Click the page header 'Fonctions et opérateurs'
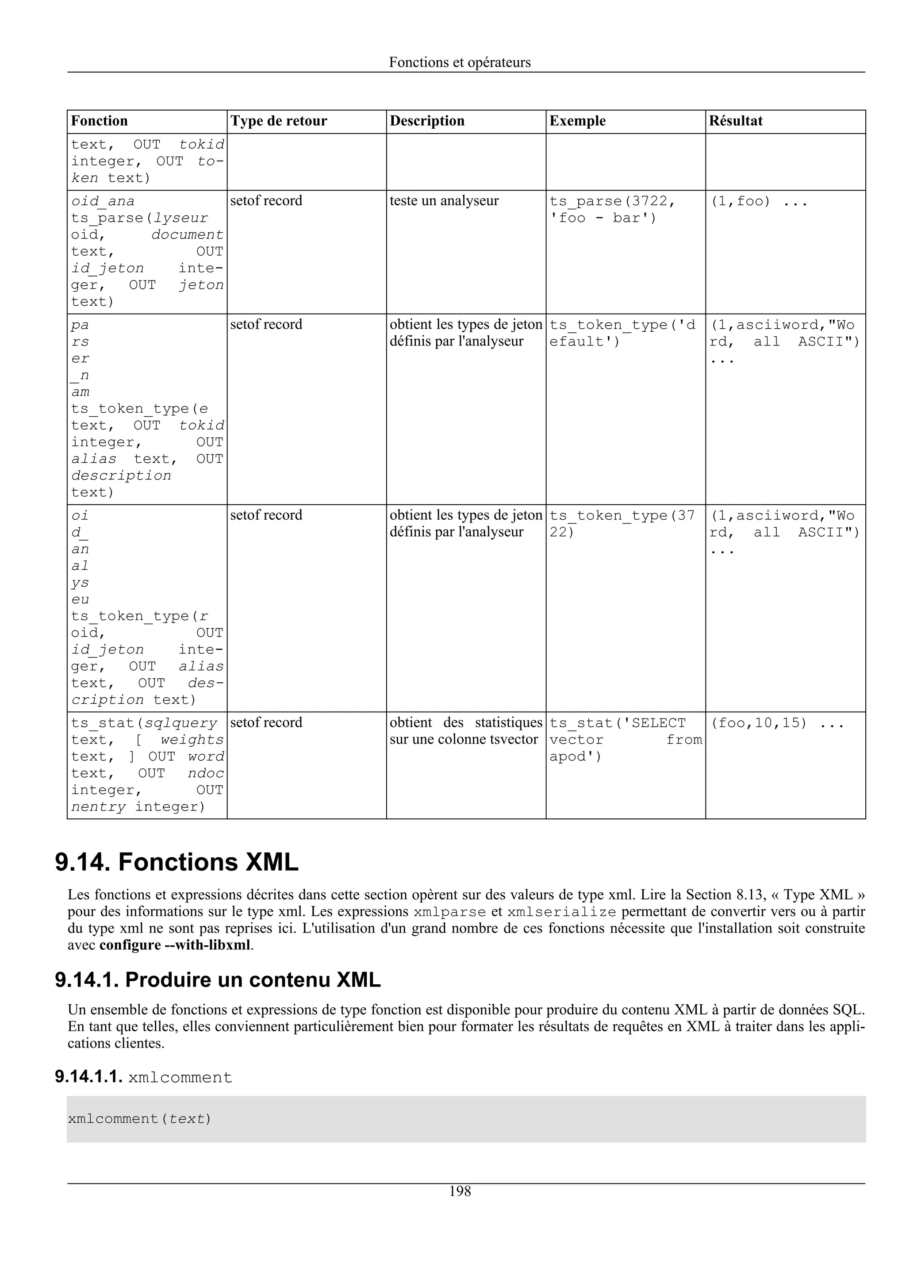click(x=460, y=62)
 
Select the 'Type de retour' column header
click(x=279, y=121)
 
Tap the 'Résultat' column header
click(x=735, y=121)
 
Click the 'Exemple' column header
click(x=577, y=121)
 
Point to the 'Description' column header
click(x=427, y=121)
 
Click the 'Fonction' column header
click(x=100, y=121)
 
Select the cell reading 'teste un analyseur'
click(x=444, y=200)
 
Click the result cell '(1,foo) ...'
click(x=758, y=201)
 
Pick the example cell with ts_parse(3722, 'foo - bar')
click(x=612, y=209)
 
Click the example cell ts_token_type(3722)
click(x=622, y=523)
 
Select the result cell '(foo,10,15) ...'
click(x=776, y=723)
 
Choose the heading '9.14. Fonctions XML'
click(x=177, y=862)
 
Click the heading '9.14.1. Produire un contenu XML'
click(x=218, y=980)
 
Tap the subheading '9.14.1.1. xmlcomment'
click(x=143, y=1077)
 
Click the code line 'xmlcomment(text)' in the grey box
click(x=139, y=1119)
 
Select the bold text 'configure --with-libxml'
click(x=175, y=945)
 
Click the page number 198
click(x=460, y=1192)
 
